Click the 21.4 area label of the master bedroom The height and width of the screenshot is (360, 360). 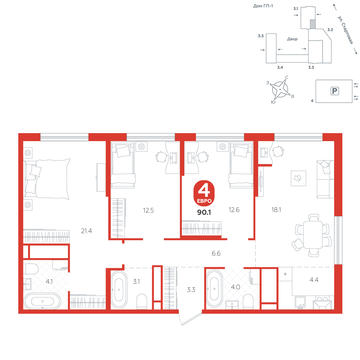coord(86,231)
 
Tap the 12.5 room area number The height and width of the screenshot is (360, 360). coord(148,210)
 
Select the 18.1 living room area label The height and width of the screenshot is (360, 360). coord(276,210)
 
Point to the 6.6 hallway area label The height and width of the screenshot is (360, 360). coord(216,253)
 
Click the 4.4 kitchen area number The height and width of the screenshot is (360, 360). coord(314,280)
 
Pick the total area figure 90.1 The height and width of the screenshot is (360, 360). coord(204,212)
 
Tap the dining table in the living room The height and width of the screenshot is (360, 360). coord(313,235)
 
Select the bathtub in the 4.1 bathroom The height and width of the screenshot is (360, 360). coord(42,301)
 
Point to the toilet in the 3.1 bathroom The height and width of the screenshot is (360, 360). coord(141,301)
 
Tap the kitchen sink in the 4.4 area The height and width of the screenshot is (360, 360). coord(300,303)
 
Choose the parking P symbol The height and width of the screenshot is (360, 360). coord(334,91)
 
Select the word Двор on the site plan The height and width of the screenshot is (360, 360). coord(292,39)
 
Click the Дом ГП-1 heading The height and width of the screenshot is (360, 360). coord(263,6)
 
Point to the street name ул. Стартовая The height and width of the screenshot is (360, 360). coord(345,30)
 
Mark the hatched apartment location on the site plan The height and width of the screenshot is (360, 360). coord(312,24)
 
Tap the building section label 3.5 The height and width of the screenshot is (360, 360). coord(261,36)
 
